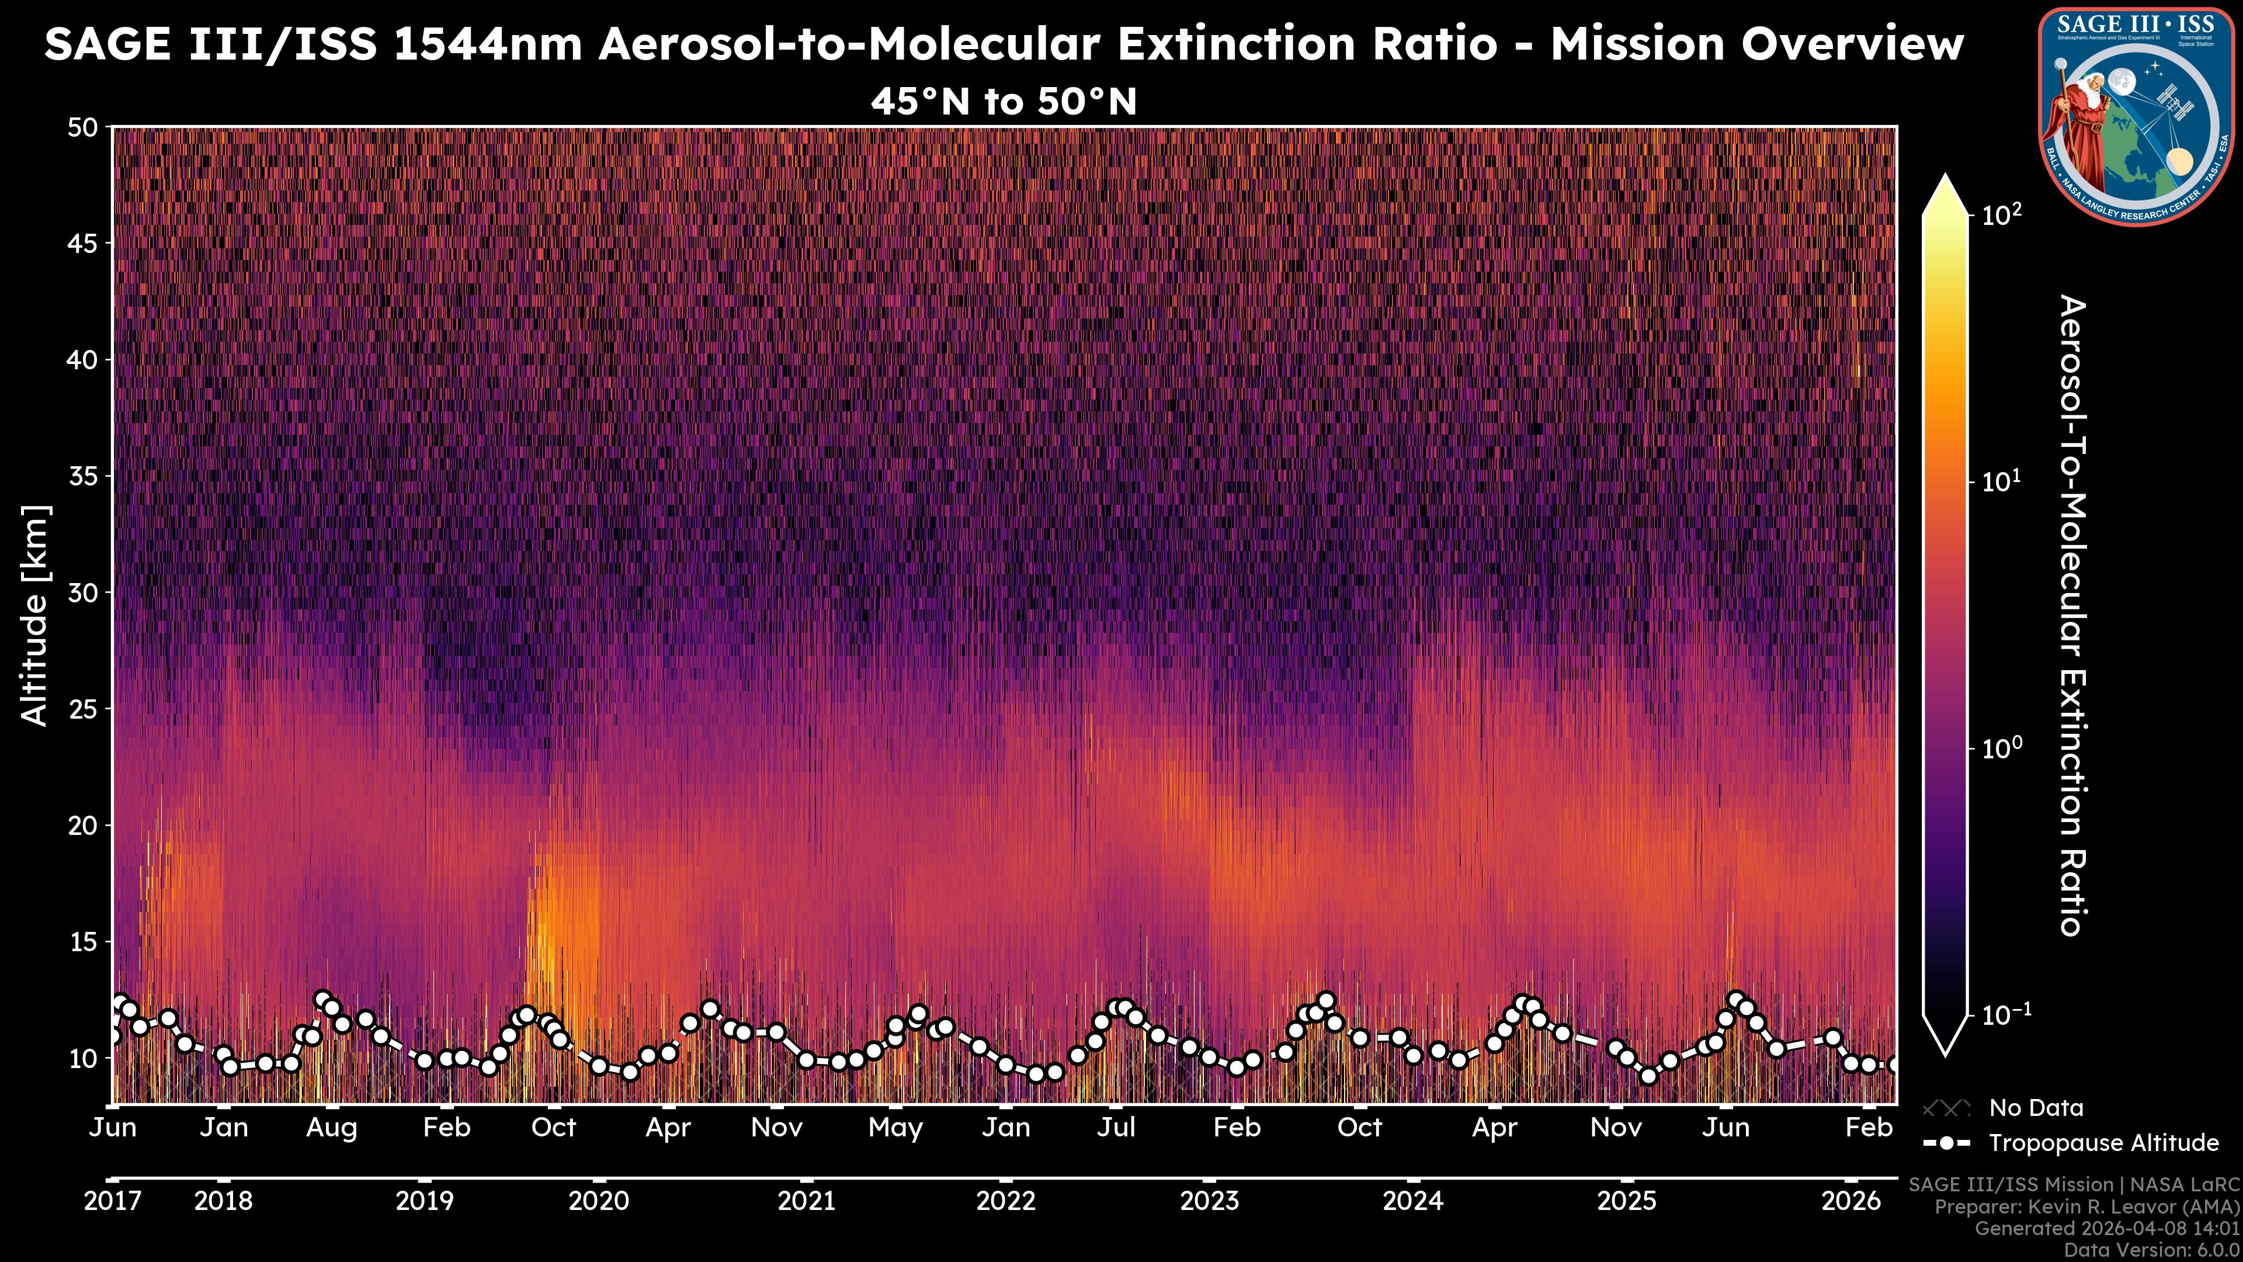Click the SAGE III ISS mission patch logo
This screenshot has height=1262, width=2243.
(2136, 117)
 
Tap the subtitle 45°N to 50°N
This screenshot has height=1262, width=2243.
(1004, 102)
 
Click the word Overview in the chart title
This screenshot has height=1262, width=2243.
(1756, 44)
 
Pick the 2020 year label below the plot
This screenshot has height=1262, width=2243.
(598, 1201)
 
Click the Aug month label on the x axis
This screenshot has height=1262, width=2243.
(332, 1128)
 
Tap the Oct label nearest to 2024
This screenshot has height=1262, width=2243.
(1359, 1128)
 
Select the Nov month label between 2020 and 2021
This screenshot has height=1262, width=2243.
(777, 1128)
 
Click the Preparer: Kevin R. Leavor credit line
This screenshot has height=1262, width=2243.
(2087, 1207)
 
